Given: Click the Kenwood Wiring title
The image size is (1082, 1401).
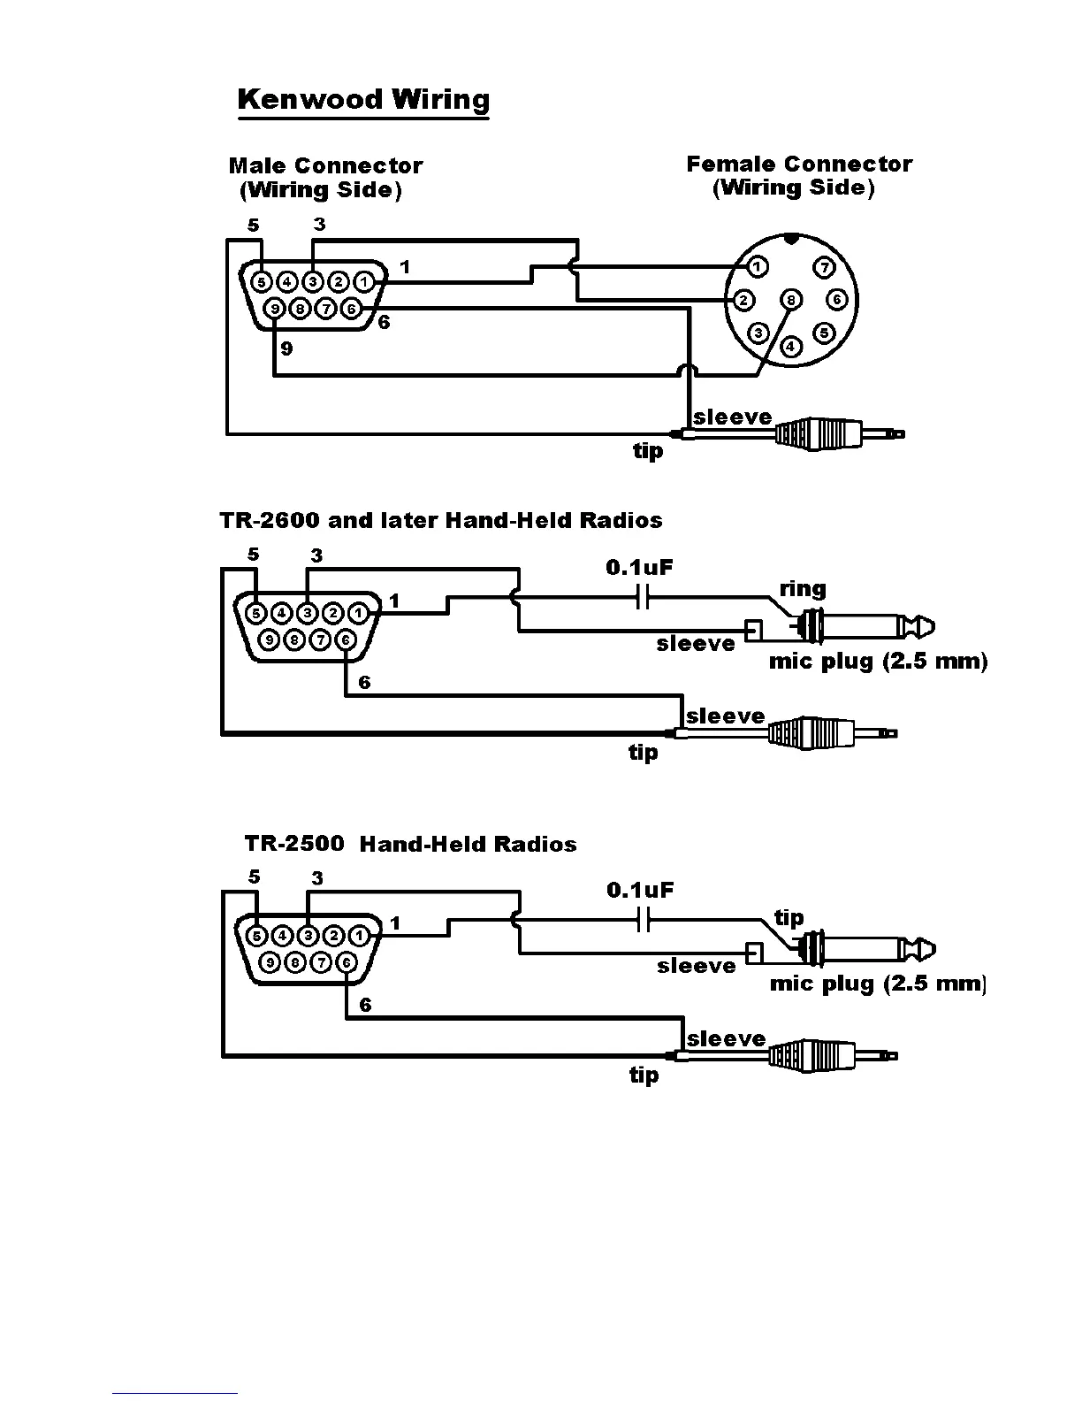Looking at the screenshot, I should pos(363,99).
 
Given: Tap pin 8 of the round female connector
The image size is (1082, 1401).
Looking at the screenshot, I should pos(791,300).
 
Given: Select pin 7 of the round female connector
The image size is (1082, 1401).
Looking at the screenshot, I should pos(824,267).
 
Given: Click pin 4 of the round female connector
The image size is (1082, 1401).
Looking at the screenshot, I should pos(791,347).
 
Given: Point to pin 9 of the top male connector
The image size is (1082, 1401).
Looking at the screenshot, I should pos(275,309).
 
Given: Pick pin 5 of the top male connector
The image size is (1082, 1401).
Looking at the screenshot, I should pos(262,282).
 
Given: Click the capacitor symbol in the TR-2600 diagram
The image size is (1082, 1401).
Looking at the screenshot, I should pos(644,599).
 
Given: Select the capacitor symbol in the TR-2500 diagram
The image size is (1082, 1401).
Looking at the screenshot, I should pos(644,921).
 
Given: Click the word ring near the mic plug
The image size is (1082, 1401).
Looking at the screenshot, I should pos(803,589).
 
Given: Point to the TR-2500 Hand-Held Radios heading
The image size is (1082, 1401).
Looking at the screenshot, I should pos(410,844).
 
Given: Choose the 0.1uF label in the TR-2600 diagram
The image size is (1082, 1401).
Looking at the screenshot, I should pos(639,567).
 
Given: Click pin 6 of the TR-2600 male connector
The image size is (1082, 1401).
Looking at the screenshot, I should pos(346,639).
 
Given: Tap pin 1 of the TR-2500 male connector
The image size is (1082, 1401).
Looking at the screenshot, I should pos(359,935).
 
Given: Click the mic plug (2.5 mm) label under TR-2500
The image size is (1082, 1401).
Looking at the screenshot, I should pos(878,984).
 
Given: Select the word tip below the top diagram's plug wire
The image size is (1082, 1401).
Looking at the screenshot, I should pos(647,451).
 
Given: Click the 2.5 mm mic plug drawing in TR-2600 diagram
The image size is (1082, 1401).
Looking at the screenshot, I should pos(862,627).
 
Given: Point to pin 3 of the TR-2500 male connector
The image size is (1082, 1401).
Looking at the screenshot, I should pos(308,935).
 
